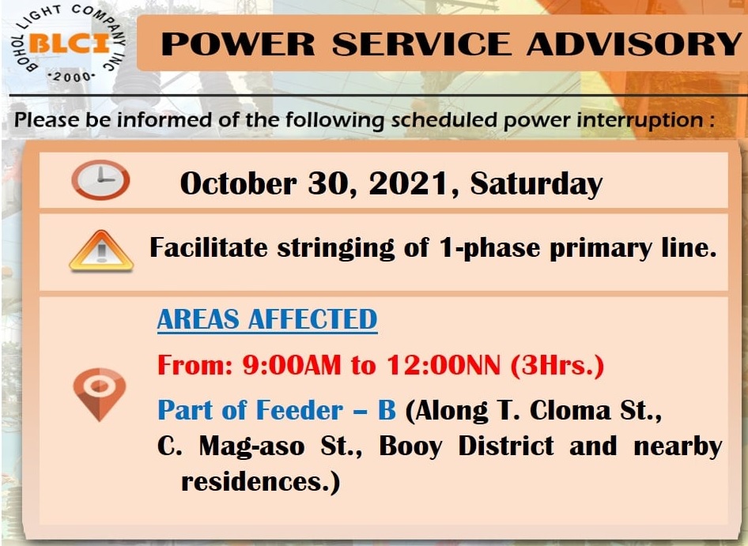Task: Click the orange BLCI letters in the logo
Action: [x=70, y=45]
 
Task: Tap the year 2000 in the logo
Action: [x=72, y=77]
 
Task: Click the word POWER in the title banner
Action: [x=238, y=44]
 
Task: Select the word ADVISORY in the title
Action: [x=634, y=44]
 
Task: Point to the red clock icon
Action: [x=100, y=179]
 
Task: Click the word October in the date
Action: [x=238, y=183]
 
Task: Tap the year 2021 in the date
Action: [x=409, y=183]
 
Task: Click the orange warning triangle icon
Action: [x=101, y=250]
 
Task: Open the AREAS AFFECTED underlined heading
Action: [x=267, y=319]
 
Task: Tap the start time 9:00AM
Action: [x=292, y=366]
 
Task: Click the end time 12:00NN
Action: [x=443, y=366]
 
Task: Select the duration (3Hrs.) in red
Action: [x=557, y=366]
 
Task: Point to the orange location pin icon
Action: [x=100, y=393]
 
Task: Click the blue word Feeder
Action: [x=300, y=410]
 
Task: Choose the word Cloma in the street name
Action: [x=570, y=410]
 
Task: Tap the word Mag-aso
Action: [x=251, y=446]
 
